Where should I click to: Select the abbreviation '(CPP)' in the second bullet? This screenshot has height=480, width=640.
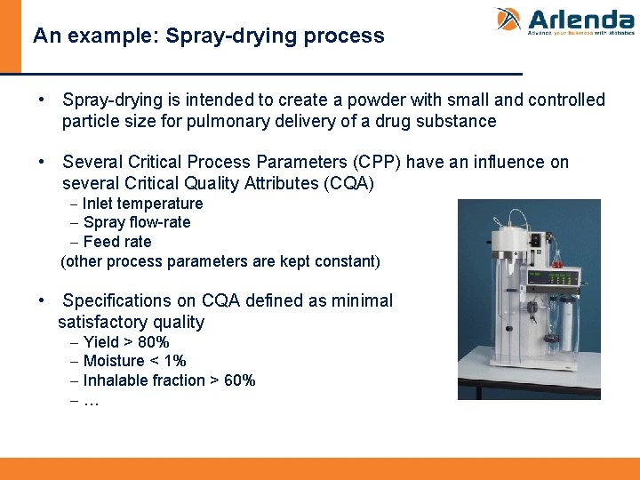pos(377,162)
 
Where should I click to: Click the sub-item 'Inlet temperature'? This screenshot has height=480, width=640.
pos(142,204)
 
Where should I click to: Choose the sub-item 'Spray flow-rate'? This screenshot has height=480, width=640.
pos(136,222)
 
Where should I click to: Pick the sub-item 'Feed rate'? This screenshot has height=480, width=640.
pos(116,242)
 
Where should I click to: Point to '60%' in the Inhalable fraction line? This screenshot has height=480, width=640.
pos(239,380)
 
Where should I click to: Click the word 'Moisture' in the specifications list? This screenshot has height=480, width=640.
pos(113,361)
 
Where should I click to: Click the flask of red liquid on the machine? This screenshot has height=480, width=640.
pos(558,258)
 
